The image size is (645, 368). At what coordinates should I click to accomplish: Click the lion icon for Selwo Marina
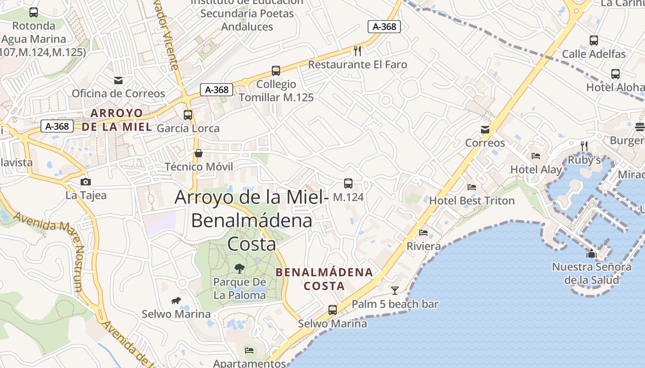176,301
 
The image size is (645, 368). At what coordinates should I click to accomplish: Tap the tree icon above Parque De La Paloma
239,268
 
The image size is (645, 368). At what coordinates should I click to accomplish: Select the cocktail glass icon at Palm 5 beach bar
395,290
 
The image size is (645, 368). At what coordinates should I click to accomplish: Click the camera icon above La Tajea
86,182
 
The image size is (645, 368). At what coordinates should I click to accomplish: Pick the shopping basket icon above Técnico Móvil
199,153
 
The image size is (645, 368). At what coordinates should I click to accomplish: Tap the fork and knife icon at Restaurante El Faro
358,50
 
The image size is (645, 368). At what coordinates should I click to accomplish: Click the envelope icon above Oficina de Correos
118,80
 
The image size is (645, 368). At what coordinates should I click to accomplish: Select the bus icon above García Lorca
188,115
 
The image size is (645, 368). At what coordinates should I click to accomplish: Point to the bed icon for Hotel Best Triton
472,187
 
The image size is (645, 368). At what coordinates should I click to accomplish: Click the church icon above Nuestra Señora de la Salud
592,253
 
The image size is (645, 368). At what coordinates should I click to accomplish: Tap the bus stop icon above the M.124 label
348,184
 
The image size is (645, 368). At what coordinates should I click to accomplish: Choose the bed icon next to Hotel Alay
535,156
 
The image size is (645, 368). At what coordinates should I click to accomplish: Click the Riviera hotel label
423,246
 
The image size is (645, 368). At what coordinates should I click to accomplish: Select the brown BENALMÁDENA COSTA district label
324,279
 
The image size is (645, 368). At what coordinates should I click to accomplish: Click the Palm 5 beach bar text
395,304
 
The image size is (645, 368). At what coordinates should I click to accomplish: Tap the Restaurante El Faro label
358,64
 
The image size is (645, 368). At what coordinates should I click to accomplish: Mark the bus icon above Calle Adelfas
594,40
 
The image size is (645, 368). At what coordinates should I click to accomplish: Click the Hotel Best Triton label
472,201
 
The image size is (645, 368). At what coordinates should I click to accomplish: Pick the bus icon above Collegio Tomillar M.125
276,71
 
